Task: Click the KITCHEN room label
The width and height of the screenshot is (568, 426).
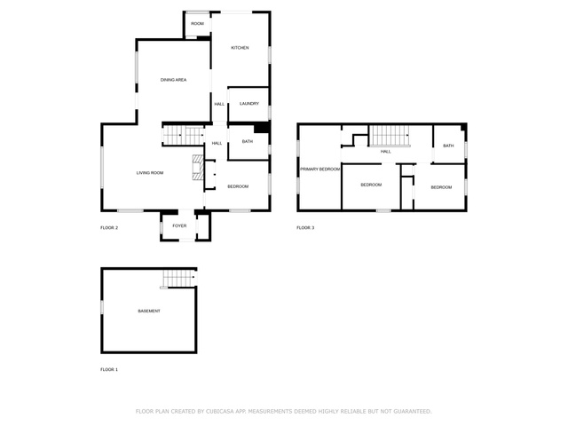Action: (x=240, y=48)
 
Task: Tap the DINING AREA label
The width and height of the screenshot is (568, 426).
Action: (x=174, y=80)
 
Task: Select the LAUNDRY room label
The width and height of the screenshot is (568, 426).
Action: (x=249, y=104)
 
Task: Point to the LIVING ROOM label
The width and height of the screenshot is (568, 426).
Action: (x=150, y=173)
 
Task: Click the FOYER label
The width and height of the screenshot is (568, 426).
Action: (x=179, y=225)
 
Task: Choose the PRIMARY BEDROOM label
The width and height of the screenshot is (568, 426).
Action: (x=320, y=170)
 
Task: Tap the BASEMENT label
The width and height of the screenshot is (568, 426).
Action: (x=149, y=311)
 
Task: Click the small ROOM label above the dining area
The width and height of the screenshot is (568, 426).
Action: (x=197, y=24)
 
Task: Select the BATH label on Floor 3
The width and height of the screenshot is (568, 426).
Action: (x=448, y=146)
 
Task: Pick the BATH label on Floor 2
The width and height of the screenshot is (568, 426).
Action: (x=248, y=142)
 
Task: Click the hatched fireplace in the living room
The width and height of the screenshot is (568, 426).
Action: (x=198, y=168)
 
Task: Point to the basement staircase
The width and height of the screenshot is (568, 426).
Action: (x=178, y=278)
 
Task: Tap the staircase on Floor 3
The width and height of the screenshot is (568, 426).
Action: (x=390, y=136)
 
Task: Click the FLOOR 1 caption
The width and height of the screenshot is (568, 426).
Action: (x=109, y=369)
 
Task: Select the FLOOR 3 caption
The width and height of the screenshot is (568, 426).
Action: (x=305, y=227)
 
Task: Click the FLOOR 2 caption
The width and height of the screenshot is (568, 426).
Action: (x=109, y=227)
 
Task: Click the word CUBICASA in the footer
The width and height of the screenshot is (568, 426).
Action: (x=220, y=411)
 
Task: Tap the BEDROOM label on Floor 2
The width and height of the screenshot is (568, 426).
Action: (x=238, y=186)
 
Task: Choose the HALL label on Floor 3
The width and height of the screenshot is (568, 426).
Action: (x=386, y=152)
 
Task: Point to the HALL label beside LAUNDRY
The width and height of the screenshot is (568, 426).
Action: (x=219, y=104)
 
